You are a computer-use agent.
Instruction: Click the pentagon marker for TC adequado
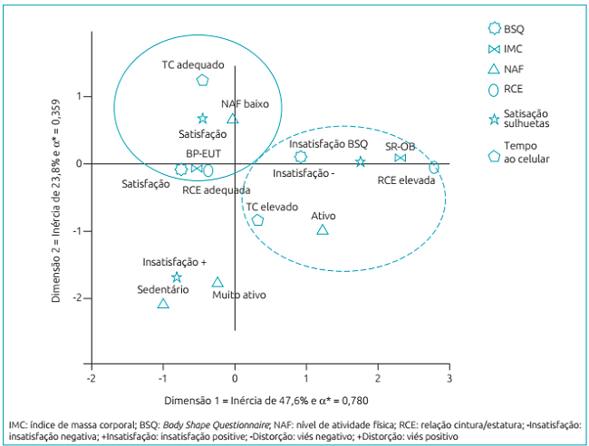(x=202, y=80)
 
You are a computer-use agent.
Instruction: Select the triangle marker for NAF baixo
(x=233, y=119)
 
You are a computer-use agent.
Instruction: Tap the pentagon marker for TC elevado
(x=257, y=220)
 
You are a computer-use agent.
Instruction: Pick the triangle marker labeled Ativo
(x=323, y=230)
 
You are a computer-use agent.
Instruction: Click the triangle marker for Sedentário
(x=163, y=304)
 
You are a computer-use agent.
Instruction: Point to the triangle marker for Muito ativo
(x=217, y=283)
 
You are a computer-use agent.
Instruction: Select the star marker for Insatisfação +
(x=177, y=277)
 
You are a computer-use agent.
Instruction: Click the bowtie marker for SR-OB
(x=400, y=159)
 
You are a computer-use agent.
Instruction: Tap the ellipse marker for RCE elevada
(x=434, y=167)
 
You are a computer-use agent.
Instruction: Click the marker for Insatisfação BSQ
(x=301, y=157)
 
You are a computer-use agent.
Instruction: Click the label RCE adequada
(x=217, y=190)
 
